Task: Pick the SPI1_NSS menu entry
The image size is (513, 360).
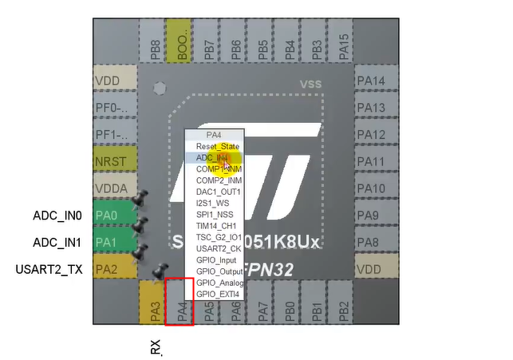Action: pos(215,215)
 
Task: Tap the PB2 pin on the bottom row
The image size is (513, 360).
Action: pos(343,303)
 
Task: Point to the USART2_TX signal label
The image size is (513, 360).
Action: pos(49,269)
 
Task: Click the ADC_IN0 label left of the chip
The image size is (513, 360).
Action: pos(57,216)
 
